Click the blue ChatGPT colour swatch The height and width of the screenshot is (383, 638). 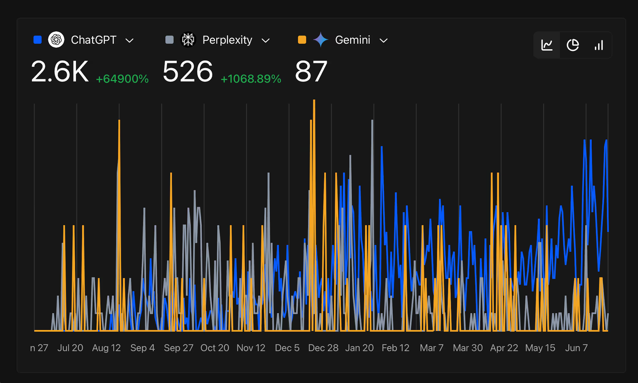(x=38, y=40)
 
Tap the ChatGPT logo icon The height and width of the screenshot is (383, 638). (x=56, y=40)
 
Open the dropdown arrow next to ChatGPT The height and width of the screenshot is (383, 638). (x=129, y=41)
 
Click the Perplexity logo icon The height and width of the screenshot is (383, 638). (x=188, y=40)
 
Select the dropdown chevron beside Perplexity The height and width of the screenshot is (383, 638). (x=265, y=41)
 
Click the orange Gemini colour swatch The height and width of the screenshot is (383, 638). (x=302, y=40)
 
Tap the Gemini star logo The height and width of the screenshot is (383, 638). (x=321, y=40)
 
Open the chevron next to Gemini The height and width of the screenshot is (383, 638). (x=383, y=41)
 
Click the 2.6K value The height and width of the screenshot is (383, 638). (x=60, y=72)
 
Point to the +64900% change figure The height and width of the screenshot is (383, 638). (x=122, y=79)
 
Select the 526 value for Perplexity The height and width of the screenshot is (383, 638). (x=188, y=72)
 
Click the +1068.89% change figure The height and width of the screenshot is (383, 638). (x=251, y=79)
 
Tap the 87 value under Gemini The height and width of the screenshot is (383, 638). (x=311, y=72)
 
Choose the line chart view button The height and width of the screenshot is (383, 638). (x=547, y=45)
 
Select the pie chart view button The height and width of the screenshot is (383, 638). (x=573, y=45)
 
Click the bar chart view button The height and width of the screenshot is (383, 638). (x=599, y=45)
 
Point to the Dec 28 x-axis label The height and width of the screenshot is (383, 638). (x=323, y=348)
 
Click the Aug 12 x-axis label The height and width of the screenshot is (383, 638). (x=106, y=348)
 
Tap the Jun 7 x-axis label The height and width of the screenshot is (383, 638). (x=576, y=348)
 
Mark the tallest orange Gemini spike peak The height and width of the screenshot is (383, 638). (x=314, y=101)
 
